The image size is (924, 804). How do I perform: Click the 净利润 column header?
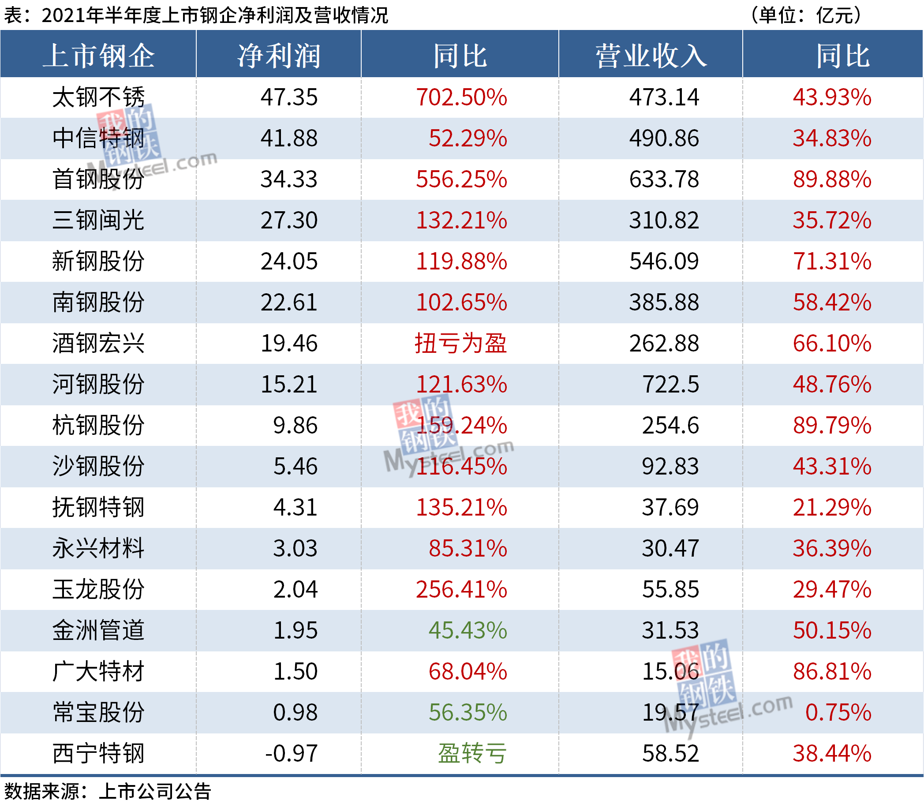click(x=279, y=56)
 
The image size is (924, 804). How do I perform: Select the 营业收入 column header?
click(x=651, y=56)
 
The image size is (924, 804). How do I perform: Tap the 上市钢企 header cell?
click(x=98, y=56)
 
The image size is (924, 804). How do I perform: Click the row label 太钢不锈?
click(x=98, y=97)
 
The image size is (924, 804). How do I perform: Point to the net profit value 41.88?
click(x=289, y=138)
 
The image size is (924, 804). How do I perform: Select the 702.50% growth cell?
click(x=461, y=97)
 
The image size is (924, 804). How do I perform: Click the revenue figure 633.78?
click(x=664, y=179)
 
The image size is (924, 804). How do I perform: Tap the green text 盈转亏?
click(x=472, y=753)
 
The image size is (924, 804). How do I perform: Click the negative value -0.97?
click(x=291, y=753)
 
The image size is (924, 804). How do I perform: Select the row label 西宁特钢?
click(x=98, y=753)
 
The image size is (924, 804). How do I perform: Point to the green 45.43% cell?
click(x=468, y=630)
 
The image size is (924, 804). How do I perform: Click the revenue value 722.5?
click(x=670, y=385)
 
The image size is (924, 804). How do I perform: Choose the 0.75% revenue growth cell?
click(x=838, y=712)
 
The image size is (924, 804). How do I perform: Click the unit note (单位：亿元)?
click(x=805, y=15)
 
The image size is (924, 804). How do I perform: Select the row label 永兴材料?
click(x=98, y=548)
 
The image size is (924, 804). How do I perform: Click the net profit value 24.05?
click(x=289, y=262)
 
